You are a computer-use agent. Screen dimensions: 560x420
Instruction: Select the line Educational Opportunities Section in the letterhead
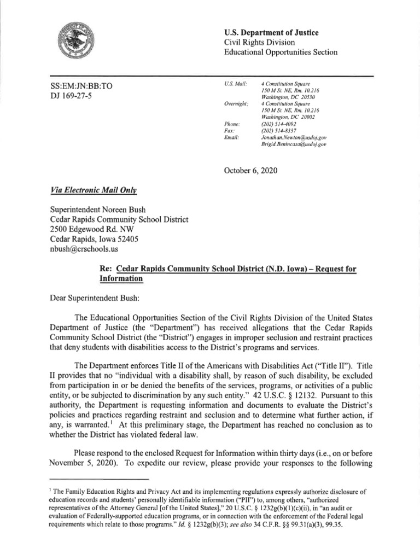281,52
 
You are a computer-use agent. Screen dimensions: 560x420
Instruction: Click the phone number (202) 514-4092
279,125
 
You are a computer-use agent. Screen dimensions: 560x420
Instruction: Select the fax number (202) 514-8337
279,132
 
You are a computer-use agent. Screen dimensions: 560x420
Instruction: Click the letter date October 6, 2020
251,171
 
